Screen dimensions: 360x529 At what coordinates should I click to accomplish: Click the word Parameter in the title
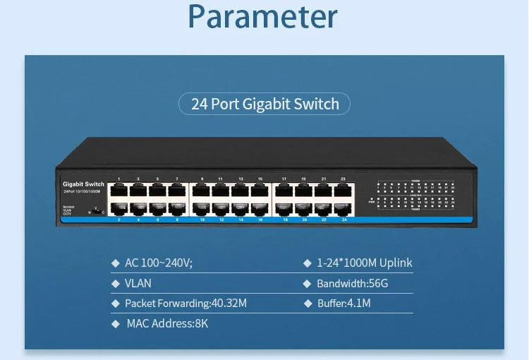click(263, 17)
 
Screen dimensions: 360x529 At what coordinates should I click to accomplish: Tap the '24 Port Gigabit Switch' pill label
click(264, 104)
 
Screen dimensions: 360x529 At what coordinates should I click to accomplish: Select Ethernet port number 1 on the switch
click(118, 190)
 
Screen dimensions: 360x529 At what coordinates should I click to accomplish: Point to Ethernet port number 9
click(202, 190)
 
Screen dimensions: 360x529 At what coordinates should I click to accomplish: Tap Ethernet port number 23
click(343, 190)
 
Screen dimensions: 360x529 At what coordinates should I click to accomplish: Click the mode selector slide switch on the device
click(96, 210)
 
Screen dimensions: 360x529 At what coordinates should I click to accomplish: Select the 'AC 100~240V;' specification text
click(159, 263)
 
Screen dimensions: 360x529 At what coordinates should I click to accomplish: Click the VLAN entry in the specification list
click(138, 283)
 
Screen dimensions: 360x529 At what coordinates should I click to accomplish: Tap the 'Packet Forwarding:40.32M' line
click(186, 304)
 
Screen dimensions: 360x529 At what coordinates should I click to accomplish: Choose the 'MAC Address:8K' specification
click(167, 324)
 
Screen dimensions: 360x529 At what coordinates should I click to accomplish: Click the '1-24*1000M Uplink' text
click(364, 263)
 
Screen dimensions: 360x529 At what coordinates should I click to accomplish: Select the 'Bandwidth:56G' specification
click(353, 283)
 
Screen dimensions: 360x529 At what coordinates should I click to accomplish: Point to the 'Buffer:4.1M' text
click(343, 304)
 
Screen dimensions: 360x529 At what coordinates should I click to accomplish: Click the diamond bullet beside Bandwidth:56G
click(307, 283)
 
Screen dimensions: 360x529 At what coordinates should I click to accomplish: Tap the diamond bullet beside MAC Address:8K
click(116, 324)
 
